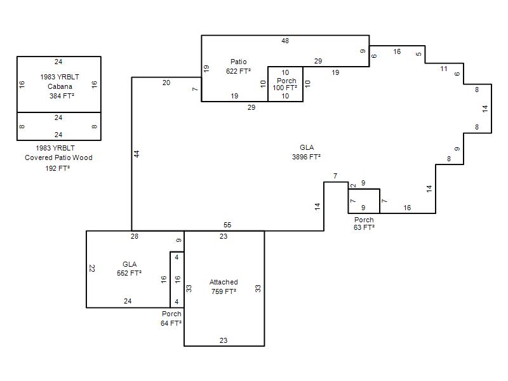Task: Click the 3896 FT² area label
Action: pyautogui.click(x=306, y=157)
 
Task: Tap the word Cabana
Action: pyautogui.click(x=60, y=86)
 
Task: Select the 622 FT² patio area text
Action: pyautogui.click(x=238, y=71)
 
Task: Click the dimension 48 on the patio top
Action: pyautogui.click(x=285, y=41)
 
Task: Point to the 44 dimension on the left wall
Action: pyautogui.click(x=137, y=154)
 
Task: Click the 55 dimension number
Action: pyautogui.click(x=227, y=225)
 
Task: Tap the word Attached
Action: pyautogui.click(x=224, y=282)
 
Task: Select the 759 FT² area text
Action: pyautogui.click(x=224, y=291)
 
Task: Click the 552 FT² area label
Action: pyautogui.click(x=129, y=273)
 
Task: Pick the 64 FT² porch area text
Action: pyautogui.click(x=171, y=323)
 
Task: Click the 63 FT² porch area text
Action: pyautogui.click(x=364, y=227)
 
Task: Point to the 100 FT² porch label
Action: pyautogui.click(x=284, y=88)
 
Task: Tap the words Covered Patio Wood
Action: pyautogui.click(x=58, y=157)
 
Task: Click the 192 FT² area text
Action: pyautogui.click(x=57, y=168)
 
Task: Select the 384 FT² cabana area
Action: pyautogui.click(x=62, y=96)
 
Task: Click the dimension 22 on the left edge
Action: pyautogui.click(x=92, y=268)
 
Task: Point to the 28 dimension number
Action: pyautogui.click(x=135, y=236)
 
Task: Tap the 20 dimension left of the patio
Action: pyautogui.click(x=166, y=83)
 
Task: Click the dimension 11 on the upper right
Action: pyautogui.click(x=444, y=69)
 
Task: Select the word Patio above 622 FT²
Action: pyautogui.click(x=239, y=62)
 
